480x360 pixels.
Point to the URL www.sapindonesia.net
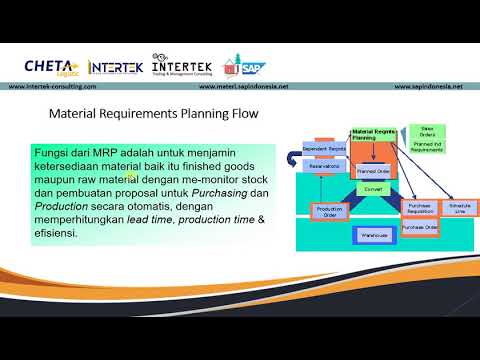click(x=422, y=86)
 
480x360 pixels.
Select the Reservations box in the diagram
click(x=322, y=167)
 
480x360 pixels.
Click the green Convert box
click(x=373, y=188)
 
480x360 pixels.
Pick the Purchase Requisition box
click(x=419, y=207)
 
